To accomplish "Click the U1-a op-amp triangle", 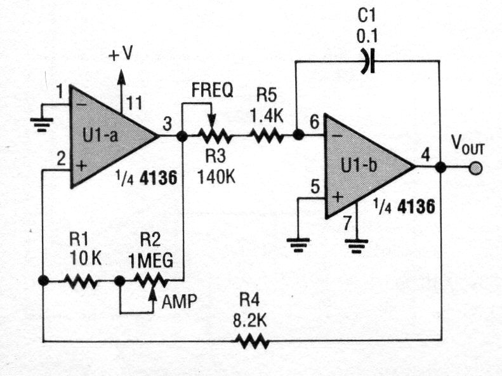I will pos(108,136).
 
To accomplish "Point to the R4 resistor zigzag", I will pos(252,342).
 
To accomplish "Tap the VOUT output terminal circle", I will pos(475,168).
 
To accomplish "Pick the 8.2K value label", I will pos(250,321).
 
